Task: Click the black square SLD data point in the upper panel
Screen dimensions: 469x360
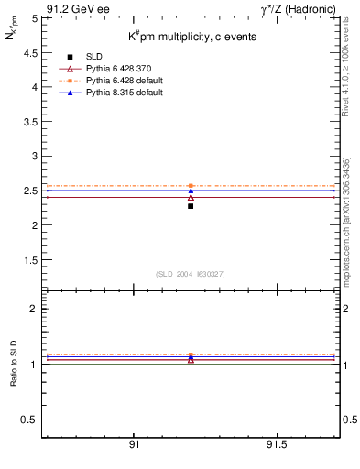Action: pyautogui.click(x=191, y=206)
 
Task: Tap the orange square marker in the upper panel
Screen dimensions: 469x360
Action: pyautogui.click(x=191, y=186)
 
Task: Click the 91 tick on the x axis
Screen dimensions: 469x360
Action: pyautogui.click(x=134, y=445)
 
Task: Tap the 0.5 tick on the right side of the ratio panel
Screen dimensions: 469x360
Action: pyautogui.click(x=349, y=420)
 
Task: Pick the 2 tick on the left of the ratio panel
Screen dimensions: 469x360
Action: pyautogui.click(x=33, y=309)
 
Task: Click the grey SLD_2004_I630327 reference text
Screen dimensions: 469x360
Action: pyautogui.click(x=191, y=274)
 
